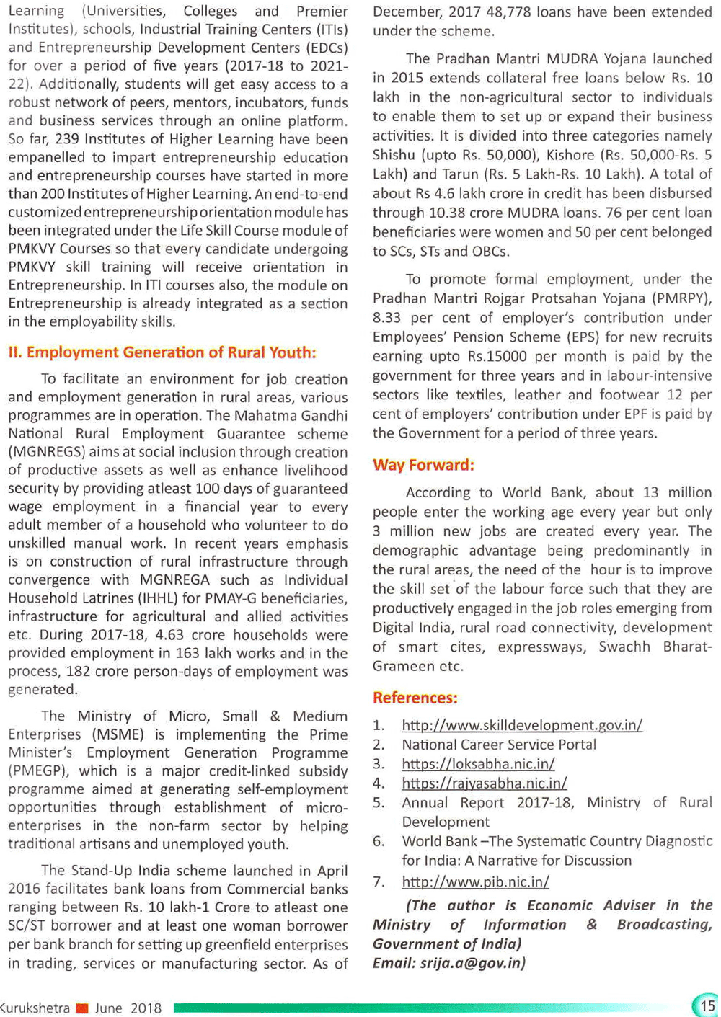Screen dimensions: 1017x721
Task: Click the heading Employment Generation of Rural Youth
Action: [162, 352]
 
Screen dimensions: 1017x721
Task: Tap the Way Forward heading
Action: [423, 465]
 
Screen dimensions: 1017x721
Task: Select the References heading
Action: [415, 698]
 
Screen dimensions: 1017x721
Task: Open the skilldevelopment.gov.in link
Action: [522, 725]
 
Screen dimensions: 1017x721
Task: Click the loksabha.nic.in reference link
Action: [478, 764]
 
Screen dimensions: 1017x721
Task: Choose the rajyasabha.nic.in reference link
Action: [484, 783]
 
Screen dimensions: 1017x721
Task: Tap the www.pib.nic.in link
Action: [475, 881]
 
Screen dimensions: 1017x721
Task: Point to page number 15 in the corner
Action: [707, 1005]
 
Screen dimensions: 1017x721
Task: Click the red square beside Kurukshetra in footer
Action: [81, 1008]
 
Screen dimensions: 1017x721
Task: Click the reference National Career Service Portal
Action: [499, 745]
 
